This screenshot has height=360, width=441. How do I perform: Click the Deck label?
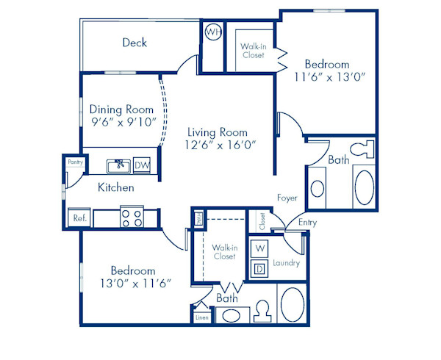coord(135,43)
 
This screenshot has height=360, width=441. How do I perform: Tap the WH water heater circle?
coord(212,32)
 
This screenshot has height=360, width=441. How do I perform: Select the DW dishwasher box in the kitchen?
coord(142,165)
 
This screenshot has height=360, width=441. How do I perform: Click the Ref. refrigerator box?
coord(79,217)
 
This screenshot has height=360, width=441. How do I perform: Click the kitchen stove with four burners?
coord(132,217)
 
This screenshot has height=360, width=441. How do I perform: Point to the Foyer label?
coord(287,198)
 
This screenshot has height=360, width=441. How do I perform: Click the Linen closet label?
coord(201,317)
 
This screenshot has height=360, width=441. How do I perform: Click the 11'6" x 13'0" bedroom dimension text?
coord(329,77)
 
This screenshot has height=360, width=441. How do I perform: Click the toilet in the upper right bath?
coord(359,150)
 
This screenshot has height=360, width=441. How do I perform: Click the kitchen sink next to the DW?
coord(118,165)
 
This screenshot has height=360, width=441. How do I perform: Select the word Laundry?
coord(286,262)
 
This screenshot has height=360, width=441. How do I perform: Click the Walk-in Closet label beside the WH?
coord(253,50)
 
